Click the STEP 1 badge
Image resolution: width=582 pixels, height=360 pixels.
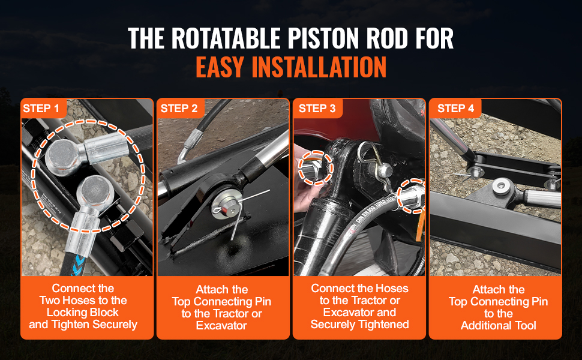pos(43,108)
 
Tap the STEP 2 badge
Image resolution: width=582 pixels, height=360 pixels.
pos(181,108)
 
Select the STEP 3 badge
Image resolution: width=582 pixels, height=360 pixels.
pos(318,108)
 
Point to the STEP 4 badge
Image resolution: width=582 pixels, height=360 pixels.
pos(455,108)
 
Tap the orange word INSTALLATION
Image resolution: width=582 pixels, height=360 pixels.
pos(319,67)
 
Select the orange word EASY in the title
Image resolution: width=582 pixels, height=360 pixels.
pos(220,67)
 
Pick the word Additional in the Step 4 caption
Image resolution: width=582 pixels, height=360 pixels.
pos(483,325)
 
